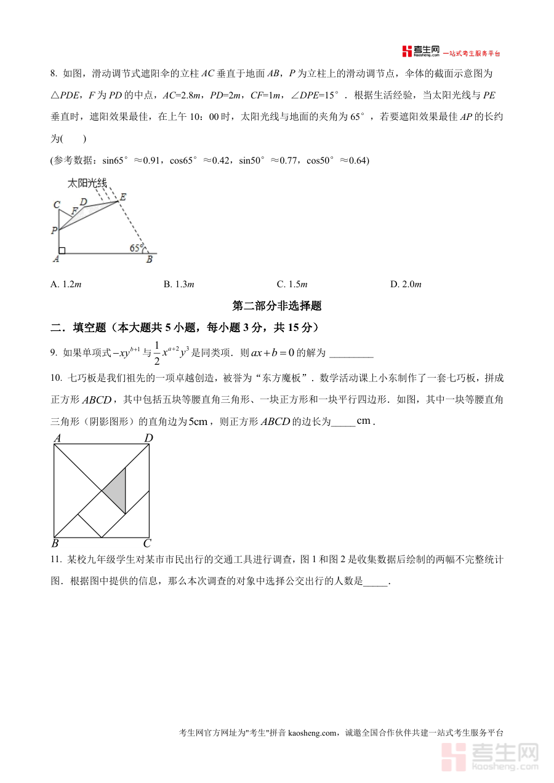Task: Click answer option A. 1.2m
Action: (66, 284)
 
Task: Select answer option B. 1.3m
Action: (179, 284)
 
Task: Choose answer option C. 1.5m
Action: (292, 284)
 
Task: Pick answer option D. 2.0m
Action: (406, 284)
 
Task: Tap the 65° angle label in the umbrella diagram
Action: (136, 248)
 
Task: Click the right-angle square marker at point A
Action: (62, 250)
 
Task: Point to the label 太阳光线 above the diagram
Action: (87, 183)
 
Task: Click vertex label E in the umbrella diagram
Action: (122, 197)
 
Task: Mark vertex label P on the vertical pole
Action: (54, 231)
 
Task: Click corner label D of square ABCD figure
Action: (148, 438)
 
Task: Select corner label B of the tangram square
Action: (55, 543)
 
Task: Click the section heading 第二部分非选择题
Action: (277, 306)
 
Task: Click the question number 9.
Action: (54, 353)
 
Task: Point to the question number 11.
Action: (55, 560)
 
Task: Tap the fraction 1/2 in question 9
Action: (156, 352)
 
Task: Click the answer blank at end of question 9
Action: (351, 354)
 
